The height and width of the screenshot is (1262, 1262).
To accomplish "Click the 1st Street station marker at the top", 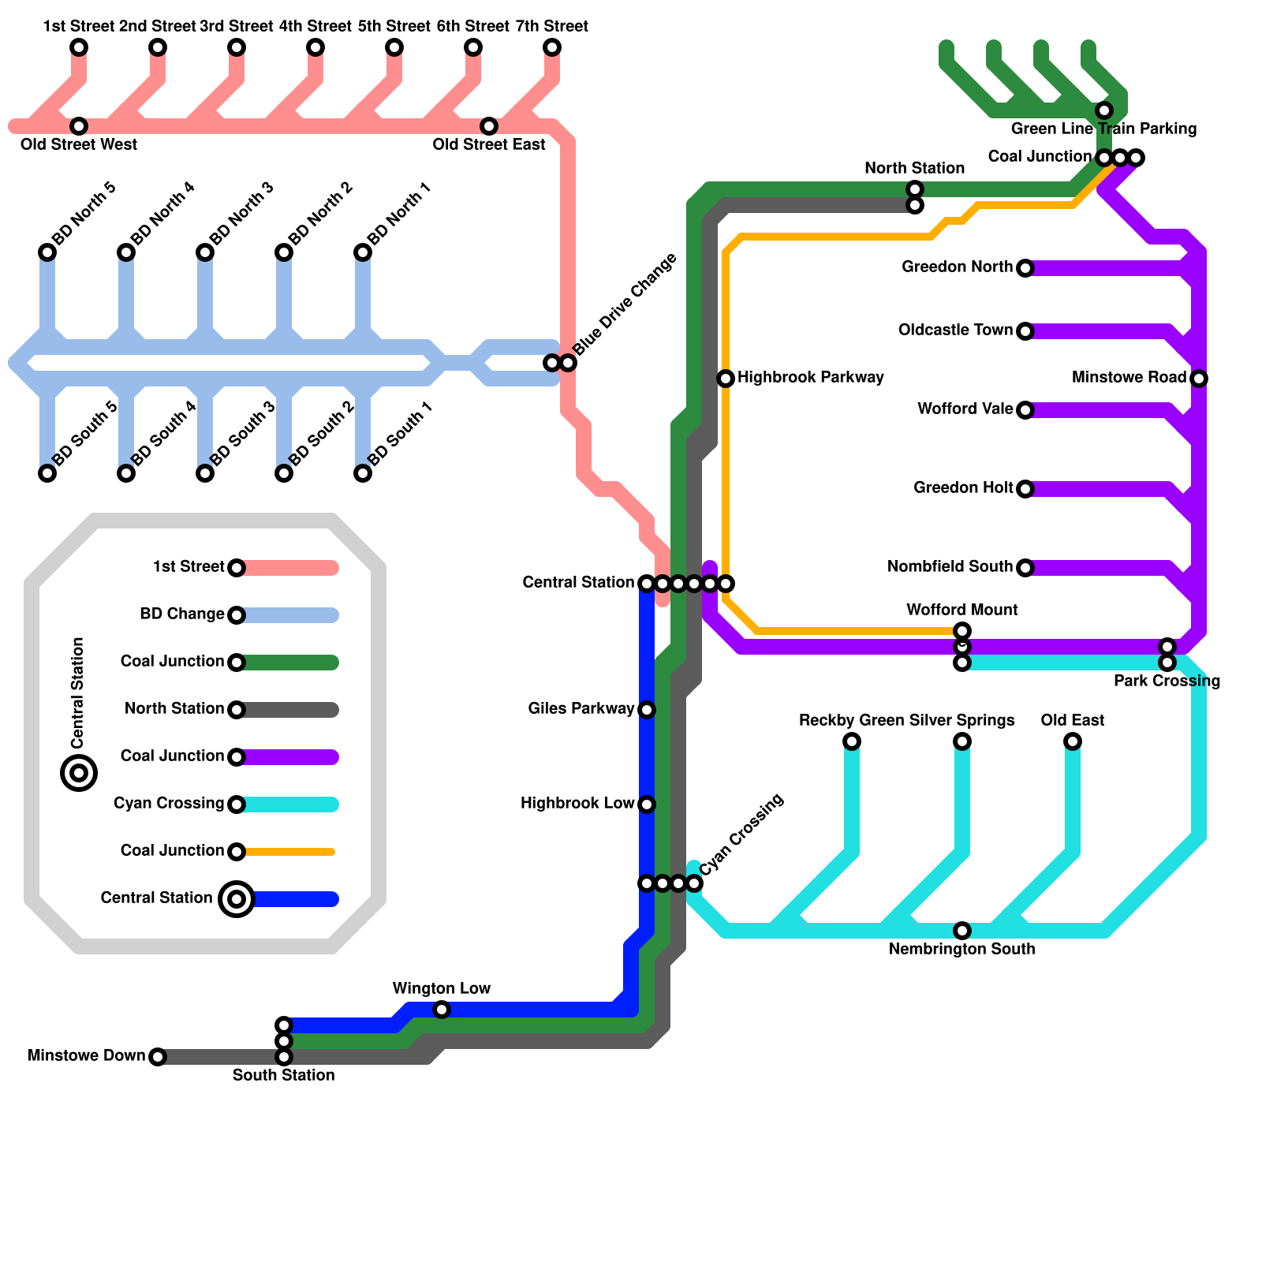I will coord(79,47).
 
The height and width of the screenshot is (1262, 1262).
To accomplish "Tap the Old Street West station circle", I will coord(79,126).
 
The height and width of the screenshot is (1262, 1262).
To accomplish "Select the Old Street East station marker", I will coord(489,126).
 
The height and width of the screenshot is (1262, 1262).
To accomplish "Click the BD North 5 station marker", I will coord(47,252).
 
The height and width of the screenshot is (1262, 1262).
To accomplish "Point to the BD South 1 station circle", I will coord(363,473).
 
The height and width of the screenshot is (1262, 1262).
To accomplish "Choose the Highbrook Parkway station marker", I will coord(726,379).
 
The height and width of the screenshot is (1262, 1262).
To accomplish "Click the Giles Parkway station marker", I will coord(647,710).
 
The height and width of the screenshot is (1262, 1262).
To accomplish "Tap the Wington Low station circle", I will coord(442,1010).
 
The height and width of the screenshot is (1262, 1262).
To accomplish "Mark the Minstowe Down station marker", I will coord(158,1057).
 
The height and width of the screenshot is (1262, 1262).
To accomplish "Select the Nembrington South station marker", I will coord(962,931).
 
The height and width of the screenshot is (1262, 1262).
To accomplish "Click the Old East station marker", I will coord(1073,741).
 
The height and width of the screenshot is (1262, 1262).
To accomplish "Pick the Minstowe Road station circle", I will coord(1199,379).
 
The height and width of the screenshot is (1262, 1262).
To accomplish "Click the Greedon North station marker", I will coord(1025,268).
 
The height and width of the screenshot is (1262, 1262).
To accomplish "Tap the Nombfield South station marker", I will coord(1025,568).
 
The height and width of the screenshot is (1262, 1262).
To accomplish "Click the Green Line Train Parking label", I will coord(1103,129).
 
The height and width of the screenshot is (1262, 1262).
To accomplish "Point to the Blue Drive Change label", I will coord(625,304).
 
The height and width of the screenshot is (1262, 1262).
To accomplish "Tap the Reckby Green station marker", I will coord(852,741).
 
